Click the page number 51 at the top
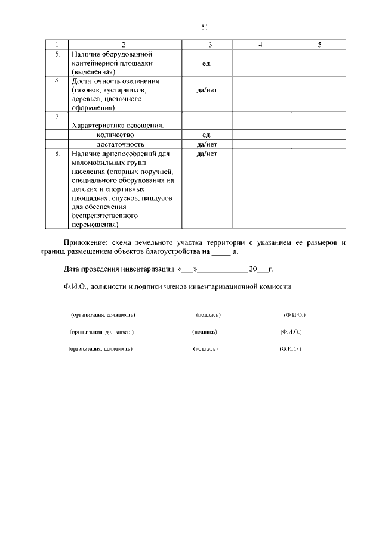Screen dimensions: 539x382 click(x=204, y=27)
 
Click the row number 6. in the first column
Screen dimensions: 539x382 click(x=57, y=80)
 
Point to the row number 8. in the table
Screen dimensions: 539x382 click(x=57, y=154)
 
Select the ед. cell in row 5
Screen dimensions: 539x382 click(x=207, y=63)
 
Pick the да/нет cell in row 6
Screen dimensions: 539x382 click(x=207, y=90)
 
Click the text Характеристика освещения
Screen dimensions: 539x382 click(x=118, y=126)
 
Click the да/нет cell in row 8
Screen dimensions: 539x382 click(x=207, y=154)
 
